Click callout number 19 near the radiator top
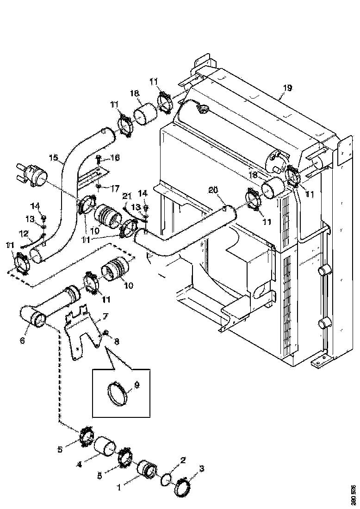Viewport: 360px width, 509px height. click(287, 88)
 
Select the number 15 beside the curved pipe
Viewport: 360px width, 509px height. click(54, 158)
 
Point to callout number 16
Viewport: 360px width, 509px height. click(114, 158)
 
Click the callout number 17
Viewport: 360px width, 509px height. click(114, 188)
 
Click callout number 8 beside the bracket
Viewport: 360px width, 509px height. click(116, 341)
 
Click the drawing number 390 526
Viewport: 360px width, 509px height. click(354, 494)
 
